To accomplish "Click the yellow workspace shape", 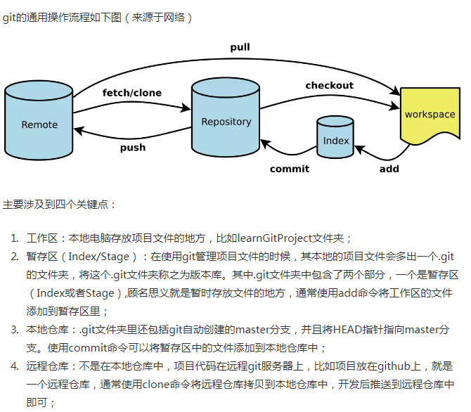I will [429, 115].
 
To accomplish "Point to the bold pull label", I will [240, 47].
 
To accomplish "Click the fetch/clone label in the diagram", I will [131, 93].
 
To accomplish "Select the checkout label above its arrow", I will [329, 86].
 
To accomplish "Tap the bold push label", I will [132, 148].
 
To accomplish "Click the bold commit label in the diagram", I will [289, 169].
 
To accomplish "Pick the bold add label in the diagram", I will [389, 169].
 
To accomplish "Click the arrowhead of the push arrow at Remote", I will [78, 130].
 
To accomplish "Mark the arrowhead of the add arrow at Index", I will [358, 148].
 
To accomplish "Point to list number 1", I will [15, 238].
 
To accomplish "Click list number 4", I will [15, 366].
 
